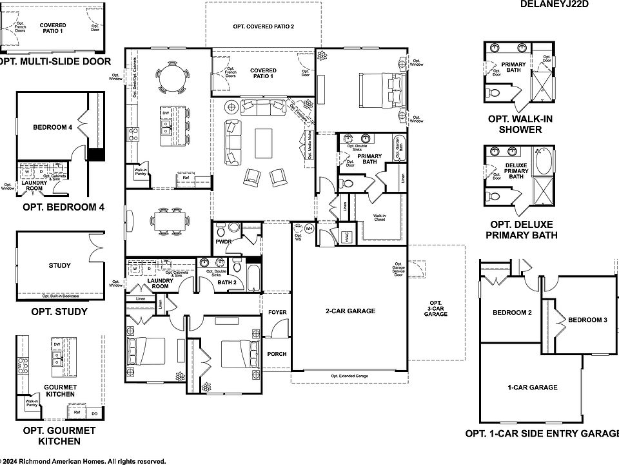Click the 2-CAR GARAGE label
(350, 311)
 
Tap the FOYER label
(277, 313)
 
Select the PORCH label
(277, 354)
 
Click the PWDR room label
(223, 242)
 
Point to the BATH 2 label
(226, 282)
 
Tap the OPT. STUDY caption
(59, 312)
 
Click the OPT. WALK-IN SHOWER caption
(520, 124)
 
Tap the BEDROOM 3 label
(586, 319)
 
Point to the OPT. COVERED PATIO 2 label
(263, 26)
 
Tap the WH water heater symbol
(309, 229)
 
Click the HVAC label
(348, 238)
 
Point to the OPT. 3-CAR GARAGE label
(436, 309)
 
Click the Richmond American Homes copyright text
(84, 461)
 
